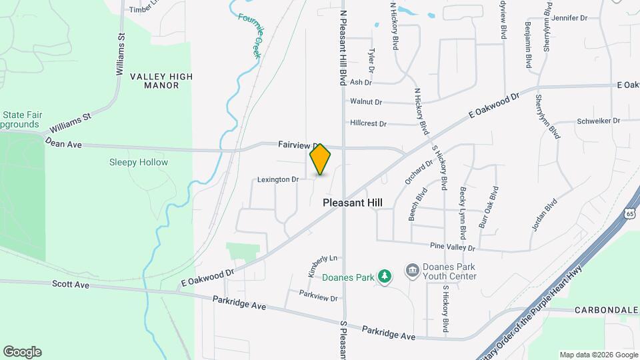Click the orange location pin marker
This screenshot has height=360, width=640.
(x=320, y=159)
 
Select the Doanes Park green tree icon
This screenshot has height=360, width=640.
(x=384, y=276)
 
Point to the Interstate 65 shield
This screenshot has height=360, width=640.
(x=630, y=213)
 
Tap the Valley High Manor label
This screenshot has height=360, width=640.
(x=161, y=81)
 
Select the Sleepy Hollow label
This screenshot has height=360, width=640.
(x=139, y=162)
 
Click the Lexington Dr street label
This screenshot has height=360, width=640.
(x=277, y=179)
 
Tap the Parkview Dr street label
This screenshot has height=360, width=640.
(x=319, y=295)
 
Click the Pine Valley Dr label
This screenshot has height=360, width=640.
(x=453, y=247)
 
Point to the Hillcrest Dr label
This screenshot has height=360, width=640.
(x=368, y=123)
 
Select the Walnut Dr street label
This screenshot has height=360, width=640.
(x=365, y=102)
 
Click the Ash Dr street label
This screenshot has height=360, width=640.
(x=360, y=82)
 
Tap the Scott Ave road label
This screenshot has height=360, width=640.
(x=71, y=284)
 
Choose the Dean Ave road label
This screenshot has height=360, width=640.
(x=63, y=142)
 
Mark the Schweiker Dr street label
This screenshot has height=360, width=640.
(x=599, y=121)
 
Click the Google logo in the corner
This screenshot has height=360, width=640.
(x=22, y=352)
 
